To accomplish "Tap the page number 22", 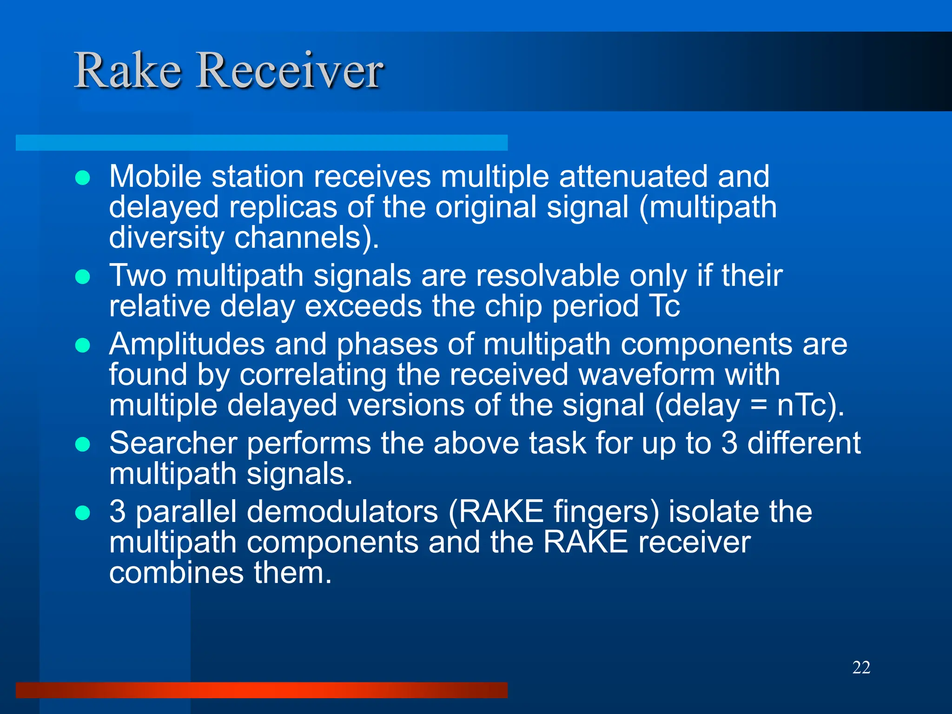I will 861,668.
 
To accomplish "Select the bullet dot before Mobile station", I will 83,178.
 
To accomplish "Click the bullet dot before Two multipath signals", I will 83,277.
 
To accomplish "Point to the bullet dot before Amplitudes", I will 83,345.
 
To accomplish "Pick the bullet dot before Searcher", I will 83,444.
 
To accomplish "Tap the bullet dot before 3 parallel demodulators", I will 83,513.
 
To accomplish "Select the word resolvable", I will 547,276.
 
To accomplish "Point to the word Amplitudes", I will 187,344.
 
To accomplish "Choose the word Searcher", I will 173,443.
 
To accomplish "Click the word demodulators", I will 342,512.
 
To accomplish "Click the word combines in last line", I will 176,573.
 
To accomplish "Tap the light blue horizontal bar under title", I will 261,143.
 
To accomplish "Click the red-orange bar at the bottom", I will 261,690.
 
